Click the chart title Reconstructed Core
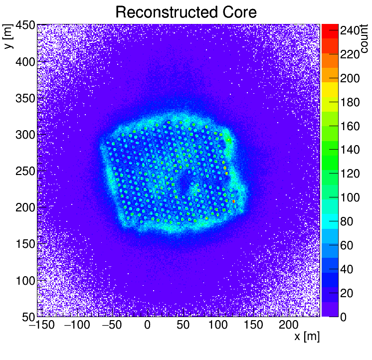(x=186, y=12)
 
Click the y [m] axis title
(x=8, y=38)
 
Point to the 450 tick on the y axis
(x=24, y=25)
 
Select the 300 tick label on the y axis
(x=24, y=135)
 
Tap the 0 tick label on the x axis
(x=147, y=326)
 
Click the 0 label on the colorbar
(x=344, y=317)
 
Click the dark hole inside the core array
(x=183, y=185)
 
